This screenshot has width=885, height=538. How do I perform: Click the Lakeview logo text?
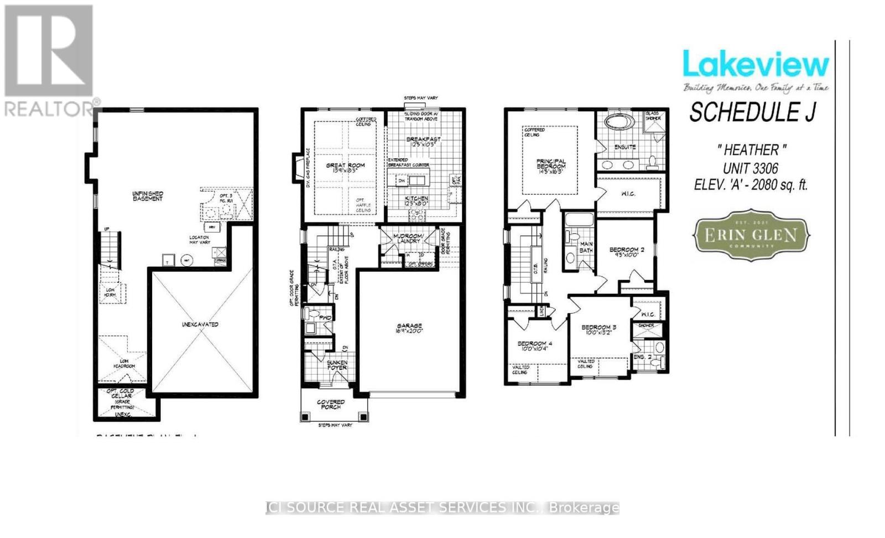point(756,65)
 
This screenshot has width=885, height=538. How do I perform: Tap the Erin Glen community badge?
point(751,235)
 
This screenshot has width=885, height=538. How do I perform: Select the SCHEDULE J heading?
point(752,113)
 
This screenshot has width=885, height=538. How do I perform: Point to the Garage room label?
point(409,328)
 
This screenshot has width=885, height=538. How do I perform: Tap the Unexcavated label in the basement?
point(200,324)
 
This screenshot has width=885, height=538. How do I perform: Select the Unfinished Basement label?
point(148,196)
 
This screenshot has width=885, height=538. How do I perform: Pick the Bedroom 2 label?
point(626,252)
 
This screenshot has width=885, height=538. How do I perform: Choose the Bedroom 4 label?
point(534,346)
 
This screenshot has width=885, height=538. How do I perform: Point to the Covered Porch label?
point(331,404)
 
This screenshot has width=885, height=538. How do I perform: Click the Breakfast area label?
point(423,142)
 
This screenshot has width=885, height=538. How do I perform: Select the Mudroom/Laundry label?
point(408,239)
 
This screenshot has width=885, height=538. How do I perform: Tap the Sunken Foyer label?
point(337,365)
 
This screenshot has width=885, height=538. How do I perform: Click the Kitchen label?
point(416,201)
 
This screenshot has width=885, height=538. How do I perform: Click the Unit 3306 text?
point(750,168)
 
